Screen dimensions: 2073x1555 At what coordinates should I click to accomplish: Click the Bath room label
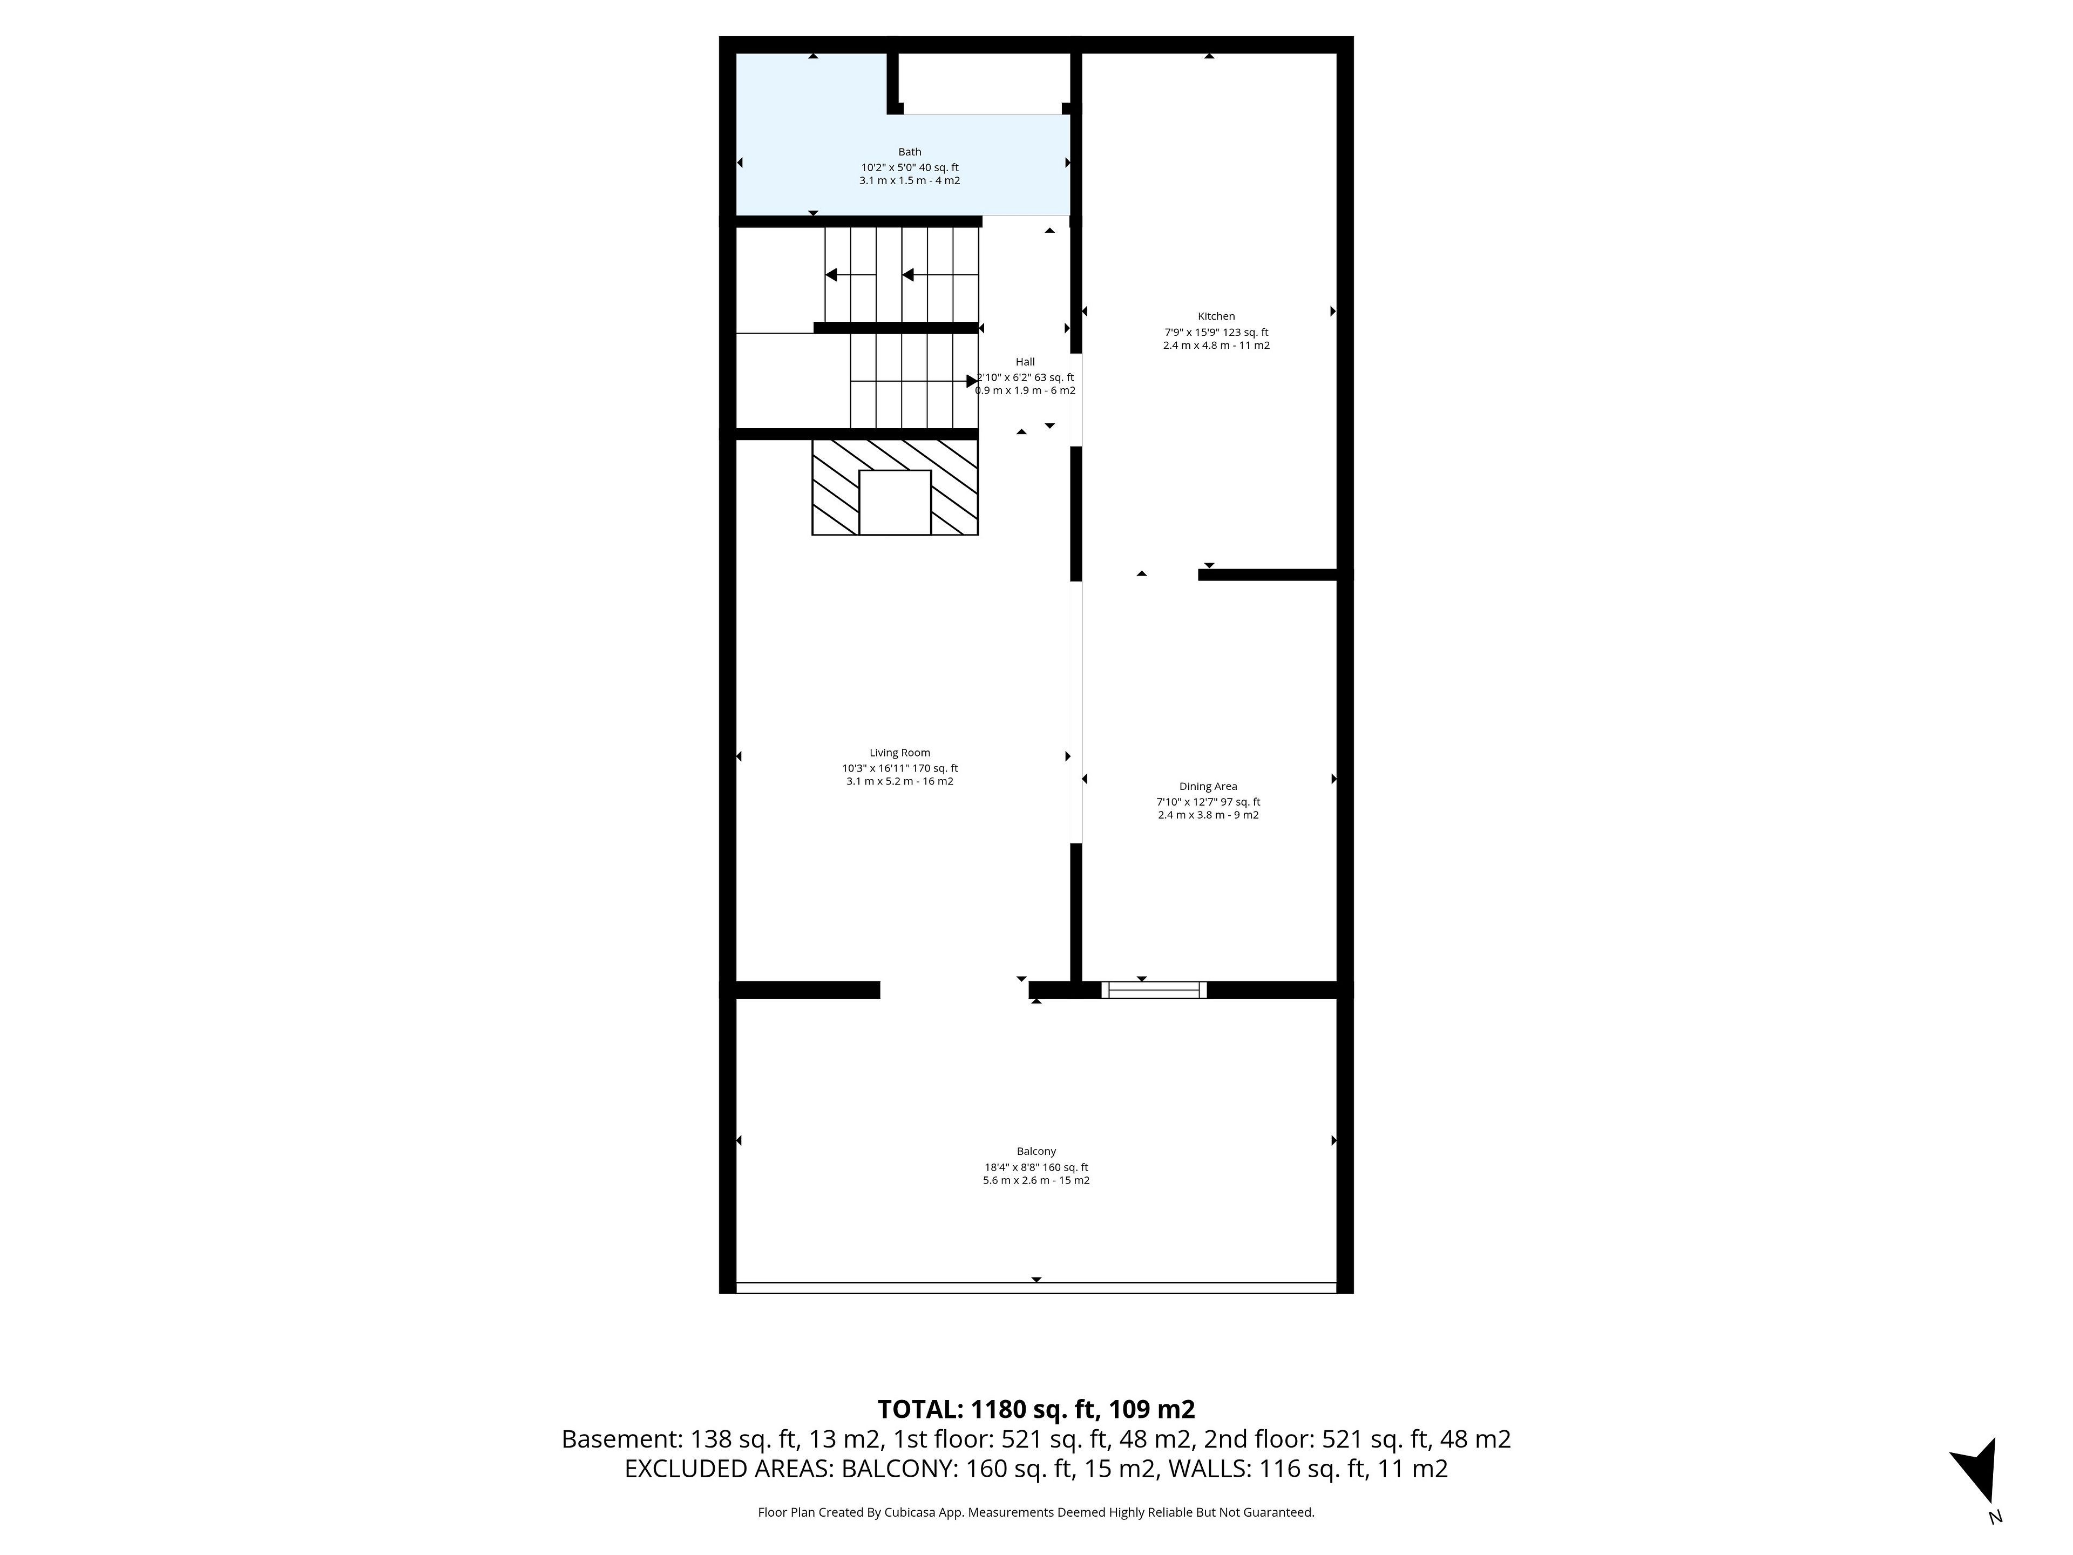pos(909,152)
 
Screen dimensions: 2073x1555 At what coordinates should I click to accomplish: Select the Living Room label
pos(900,753)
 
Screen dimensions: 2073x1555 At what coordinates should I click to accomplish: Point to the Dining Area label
pos(1208,786)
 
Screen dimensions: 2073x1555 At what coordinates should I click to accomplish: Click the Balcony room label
pos(1036,1151)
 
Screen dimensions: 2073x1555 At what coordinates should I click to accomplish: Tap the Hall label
pos(1025,362)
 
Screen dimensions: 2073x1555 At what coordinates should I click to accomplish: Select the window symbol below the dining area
pos(1154,990)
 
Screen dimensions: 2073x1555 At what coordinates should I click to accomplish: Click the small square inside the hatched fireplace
pos(895,502)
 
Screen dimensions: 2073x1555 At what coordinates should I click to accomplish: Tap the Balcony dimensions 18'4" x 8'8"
pos(1010,1167)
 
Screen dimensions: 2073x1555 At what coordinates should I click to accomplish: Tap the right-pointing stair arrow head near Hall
pos(972,382)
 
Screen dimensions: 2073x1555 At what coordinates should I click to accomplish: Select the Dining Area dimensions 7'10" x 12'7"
pos(1183,801)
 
